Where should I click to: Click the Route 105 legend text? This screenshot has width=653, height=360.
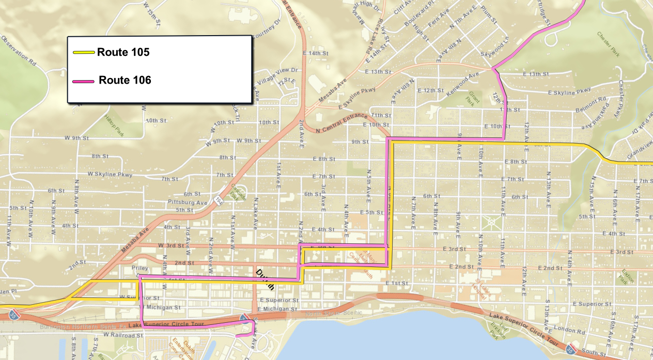pos(123,52)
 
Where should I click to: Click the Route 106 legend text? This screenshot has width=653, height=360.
pos(125,81)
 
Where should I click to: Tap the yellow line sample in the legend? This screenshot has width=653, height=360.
pos(83,52)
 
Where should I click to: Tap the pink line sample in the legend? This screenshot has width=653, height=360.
pos(83,81)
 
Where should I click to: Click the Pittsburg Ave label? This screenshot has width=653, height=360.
pos(188,202)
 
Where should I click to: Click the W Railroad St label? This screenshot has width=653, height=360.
pos(122,335)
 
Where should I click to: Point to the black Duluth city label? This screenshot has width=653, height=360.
pos(265,279)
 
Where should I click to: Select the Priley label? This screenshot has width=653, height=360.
pos(140,268)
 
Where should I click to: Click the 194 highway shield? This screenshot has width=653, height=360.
pos(220,199)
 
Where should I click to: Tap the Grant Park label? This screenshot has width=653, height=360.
pos(475,97)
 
